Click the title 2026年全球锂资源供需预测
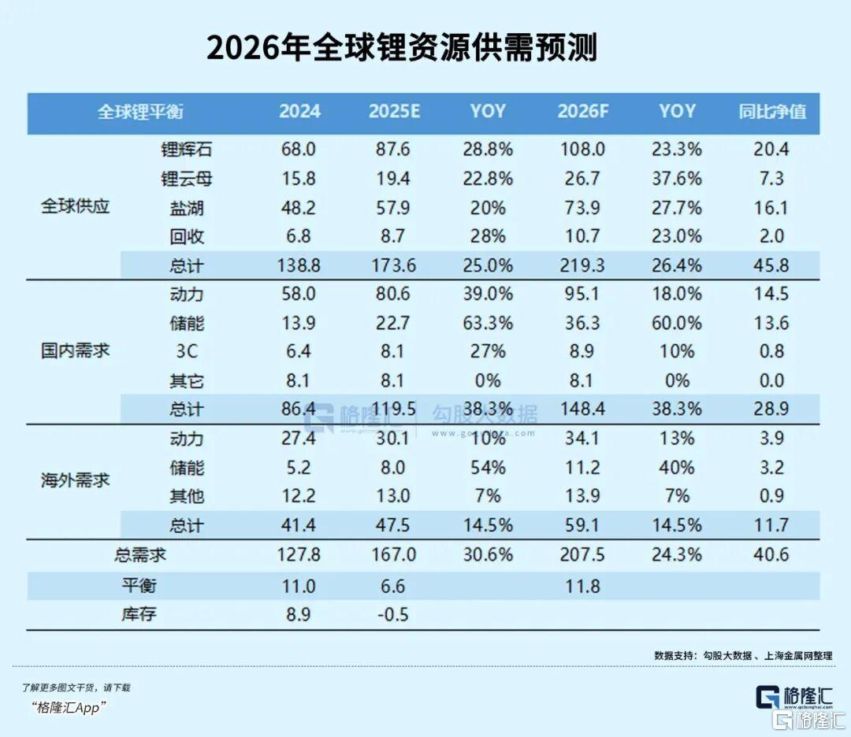tap(402, 48)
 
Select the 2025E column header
tap(394, 112)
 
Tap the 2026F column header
tap(583, 112)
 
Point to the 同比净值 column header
tap(772, 112)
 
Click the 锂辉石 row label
tap(187, 150)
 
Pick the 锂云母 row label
tap(187, 179)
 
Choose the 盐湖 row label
tap(187, 208)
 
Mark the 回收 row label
tap(187, 237)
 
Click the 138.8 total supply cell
tap(299, 266)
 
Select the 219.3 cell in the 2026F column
tap(583, 266)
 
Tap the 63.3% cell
tap(488, 323)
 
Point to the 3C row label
tap(187, 352)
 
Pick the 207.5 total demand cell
tap(583, 555)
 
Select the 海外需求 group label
tap(76, 480)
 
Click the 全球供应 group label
tap(76, 208)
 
